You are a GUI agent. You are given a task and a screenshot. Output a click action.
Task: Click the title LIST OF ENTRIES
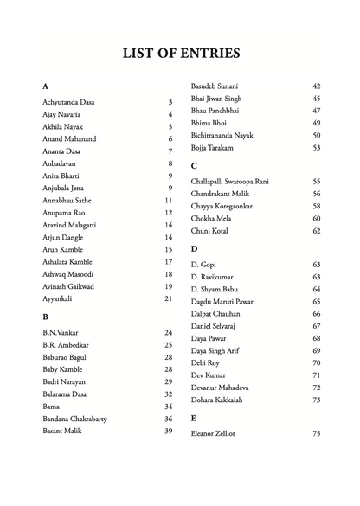[181, 53]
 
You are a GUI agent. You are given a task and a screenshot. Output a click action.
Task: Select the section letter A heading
[45, 86]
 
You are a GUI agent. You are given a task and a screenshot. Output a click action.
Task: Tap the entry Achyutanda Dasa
[68, 102]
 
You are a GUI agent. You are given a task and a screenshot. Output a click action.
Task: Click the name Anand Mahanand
[69, 138]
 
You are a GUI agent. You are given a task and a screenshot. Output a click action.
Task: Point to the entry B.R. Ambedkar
[66, 344]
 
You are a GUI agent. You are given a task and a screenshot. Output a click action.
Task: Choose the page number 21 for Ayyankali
[169, 298]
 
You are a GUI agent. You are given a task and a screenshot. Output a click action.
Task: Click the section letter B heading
[45, 317]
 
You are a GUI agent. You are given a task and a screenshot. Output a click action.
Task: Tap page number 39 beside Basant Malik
[169, 430]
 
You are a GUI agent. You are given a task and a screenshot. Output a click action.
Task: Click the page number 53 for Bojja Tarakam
[316, 148]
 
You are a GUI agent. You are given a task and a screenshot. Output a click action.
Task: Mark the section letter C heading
[194, 165]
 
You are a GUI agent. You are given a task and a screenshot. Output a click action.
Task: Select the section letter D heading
[194, 248]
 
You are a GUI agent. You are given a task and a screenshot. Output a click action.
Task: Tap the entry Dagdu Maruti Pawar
[228, 301]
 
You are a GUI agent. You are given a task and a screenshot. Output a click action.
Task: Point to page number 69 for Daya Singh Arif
[316, 350]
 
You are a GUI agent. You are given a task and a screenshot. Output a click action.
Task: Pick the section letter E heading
[194, 417]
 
